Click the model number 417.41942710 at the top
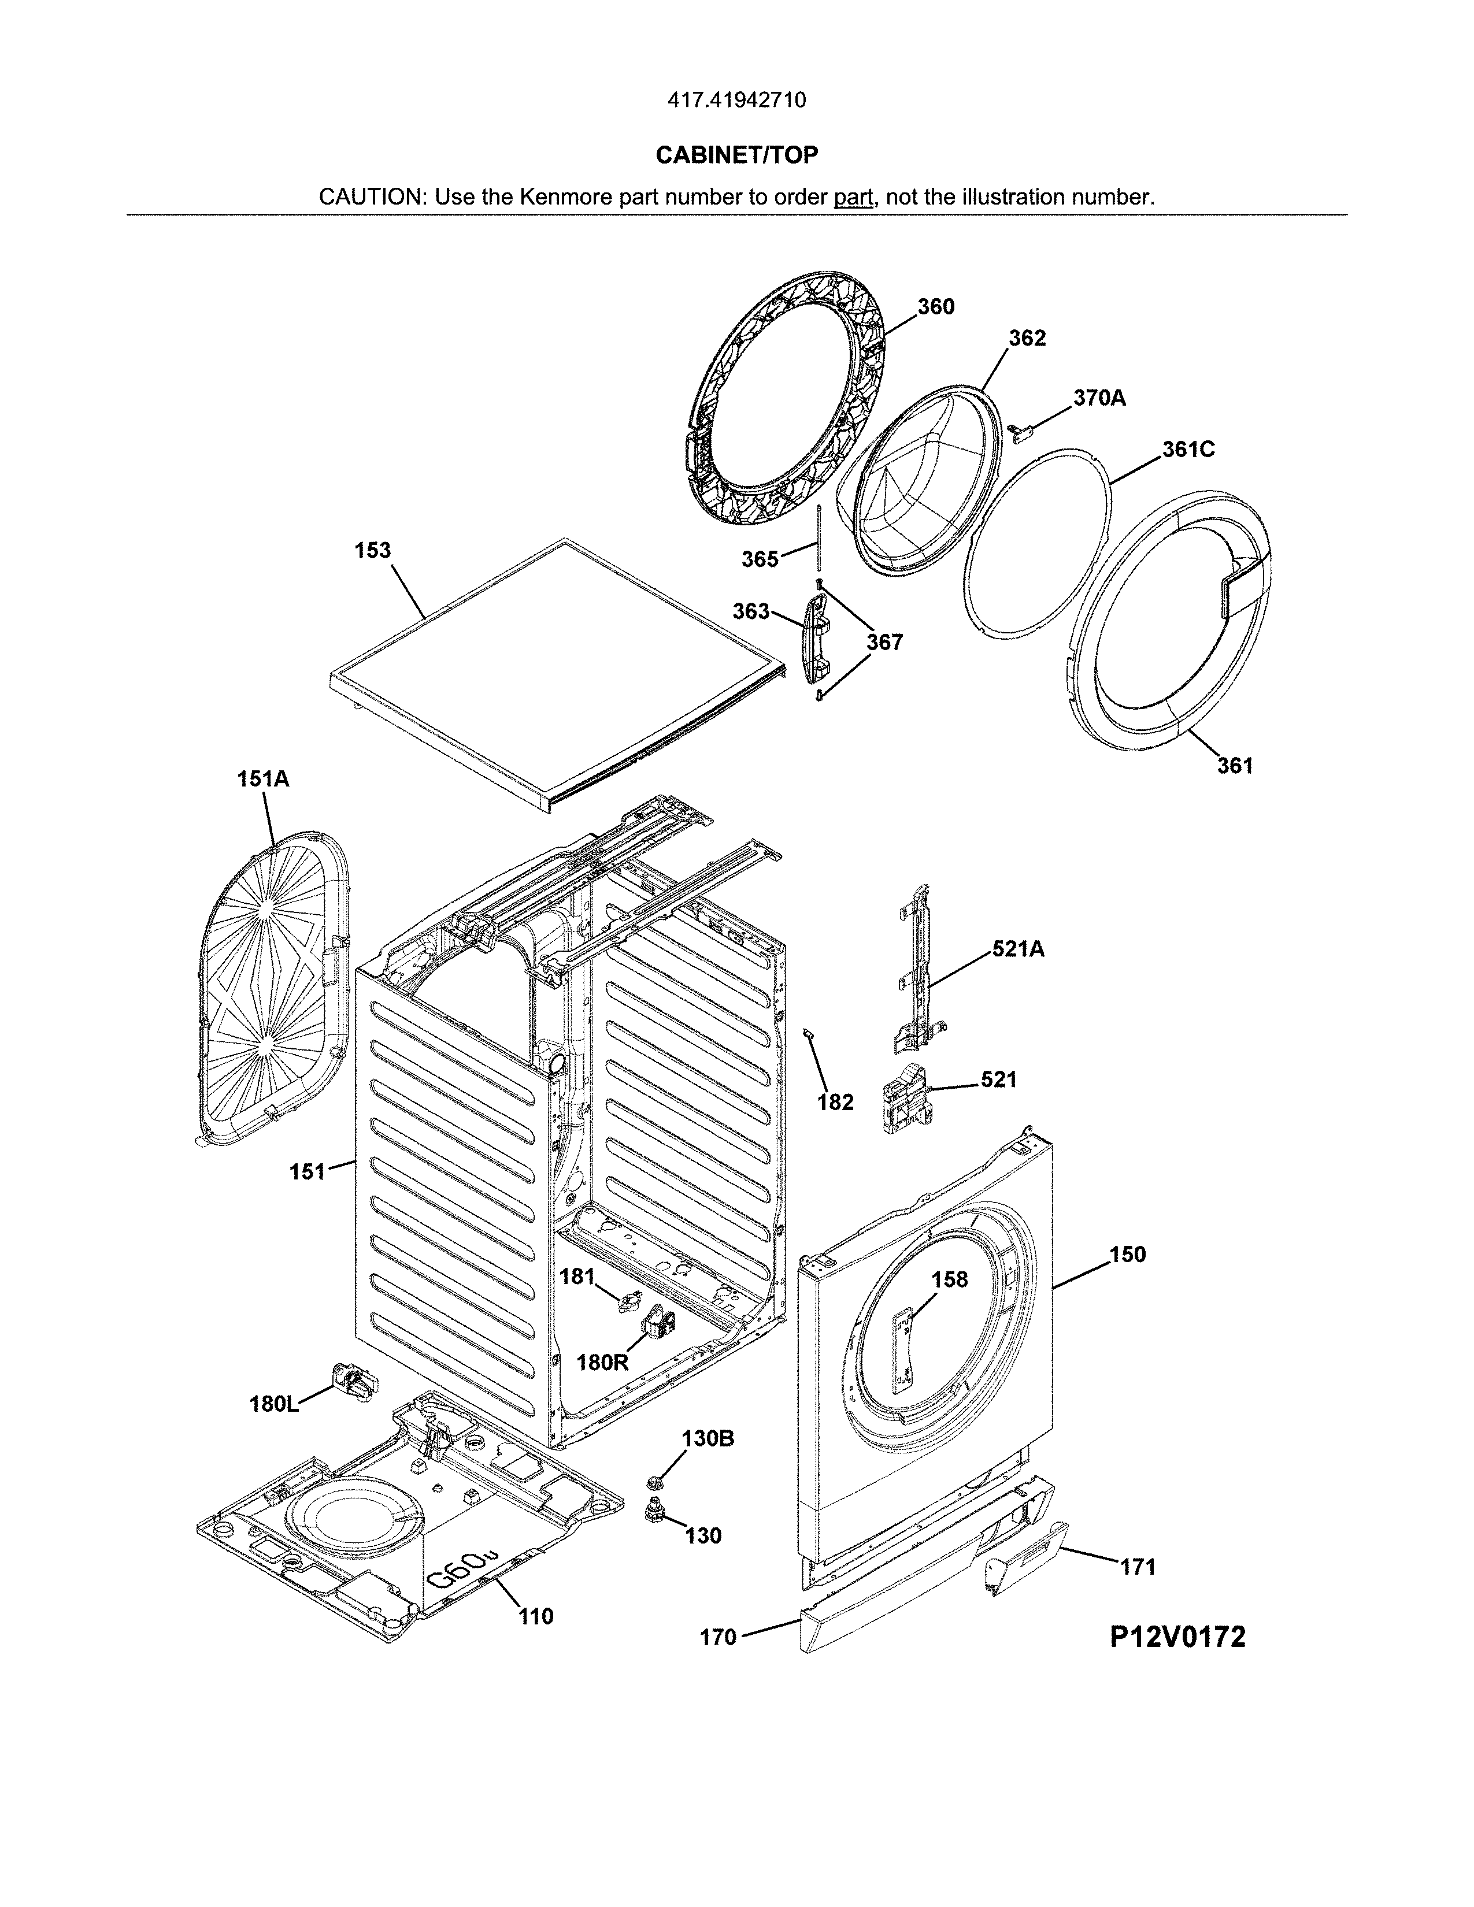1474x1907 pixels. pos(736,101)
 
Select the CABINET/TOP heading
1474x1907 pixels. pos(736,155)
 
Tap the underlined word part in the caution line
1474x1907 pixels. pos(853,197)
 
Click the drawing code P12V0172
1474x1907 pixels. pos(1177,1637)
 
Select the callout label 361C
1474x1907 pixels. pos(1188,449)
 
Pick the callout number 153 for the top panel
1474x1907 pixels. pos(373,551)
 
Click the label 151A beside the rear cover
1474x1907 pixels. pos(263,779)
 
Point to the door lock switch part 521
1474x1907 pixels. pos(904,1102)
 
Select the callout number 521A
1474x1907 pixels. pos(1017,949)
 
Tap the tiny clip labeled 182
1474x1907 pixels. pos(808,1033)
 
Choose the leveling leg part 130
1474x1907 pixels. pos(652,1509)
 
